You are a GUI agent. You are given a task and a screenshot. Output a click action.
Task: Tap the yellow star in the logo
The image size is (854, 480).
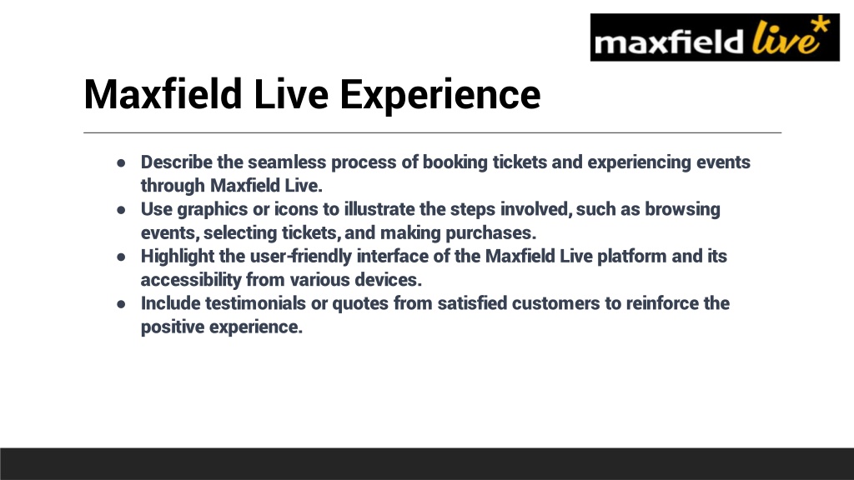click(x=821, y=26)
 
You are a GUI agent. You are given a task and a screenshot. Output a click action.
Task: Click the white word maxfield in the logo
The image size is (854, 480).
click(x=669, y=42)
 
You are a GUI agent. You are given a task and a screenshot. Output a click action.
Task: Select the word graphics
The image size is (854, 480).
click(x=212, y=210)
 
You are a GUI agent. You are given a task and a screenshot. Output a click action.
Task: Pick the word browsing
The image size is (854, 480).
click(x=682, y=210)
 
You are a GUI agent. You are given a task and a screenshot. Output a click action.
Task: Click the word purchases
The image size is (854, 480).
click(x=490, y=233)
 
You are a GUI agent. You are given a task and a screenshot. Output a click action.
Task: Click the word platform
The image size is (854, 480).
click(x=632, y=257)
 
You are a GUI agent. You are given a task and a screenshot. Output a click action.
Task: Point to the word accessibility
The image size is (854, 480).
click(x=191, y=280)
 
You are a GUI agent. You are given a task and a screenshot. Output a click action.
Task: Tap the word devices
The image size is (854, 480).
click(x=389, y=280)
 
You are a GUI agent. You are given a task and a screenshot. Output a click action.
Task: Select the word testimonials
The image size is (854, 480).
click(x=255, y=303)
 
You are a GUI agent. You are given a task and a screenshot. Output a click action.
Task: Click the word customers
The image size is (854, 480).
click(x=555, y=303)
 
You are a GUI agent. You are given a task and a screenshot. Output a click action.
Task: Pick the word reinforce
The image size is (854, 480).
click(x=661, y=303)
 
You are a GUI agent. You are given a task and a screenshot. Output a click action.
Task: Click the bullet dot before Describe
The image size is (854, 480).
click(x=121, y=162)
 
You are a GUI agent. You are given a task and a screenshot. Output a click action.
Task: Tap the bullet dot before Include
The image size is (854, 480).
click(x=121, y=303)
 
